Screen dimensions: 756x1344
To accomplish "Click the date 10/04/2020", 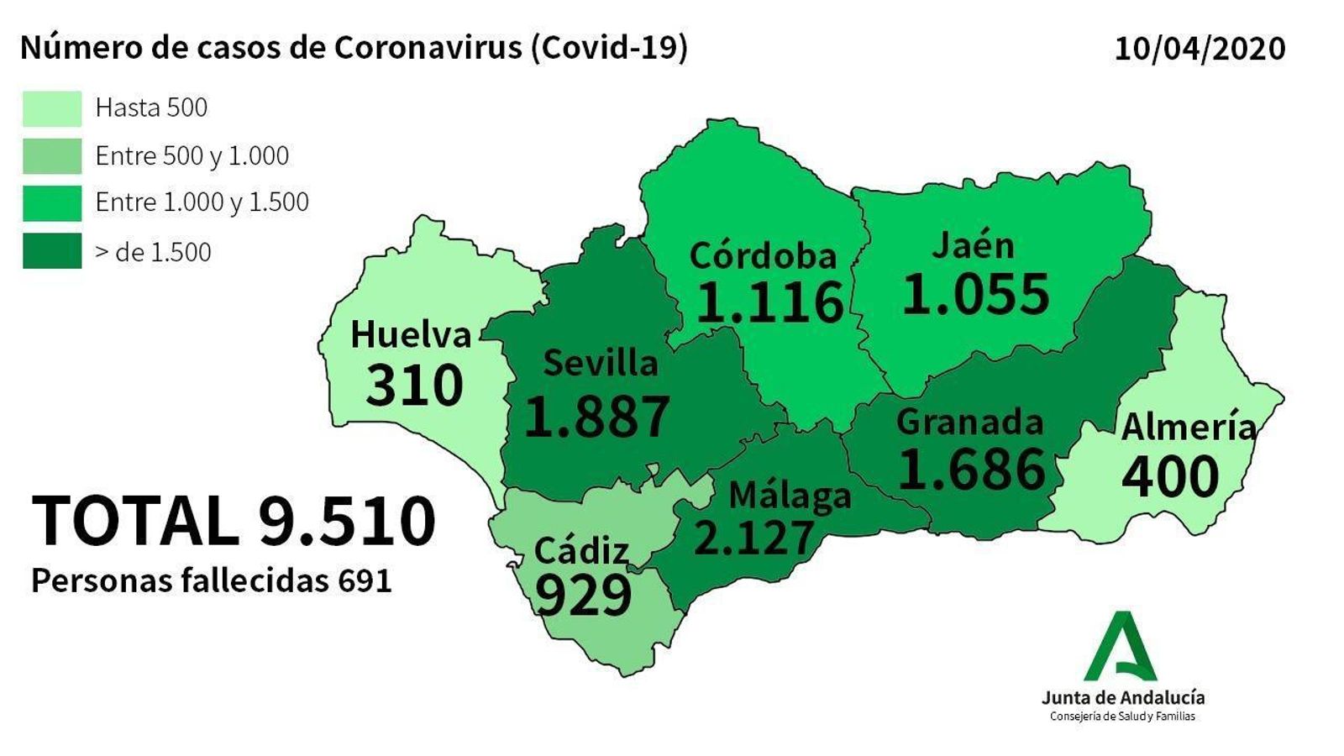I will (1200, 48).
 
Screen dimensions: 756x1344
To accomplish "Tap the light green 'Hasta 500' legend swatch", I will (52, 108).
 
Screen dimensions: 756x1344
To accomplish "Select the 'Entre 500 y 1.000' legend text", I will (192, 155).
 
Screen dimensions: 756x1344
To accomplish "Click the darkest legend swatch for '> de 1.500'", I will (52, 251).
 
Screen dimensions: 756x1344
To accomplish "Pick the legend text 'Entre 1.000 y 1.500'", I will (202, 202).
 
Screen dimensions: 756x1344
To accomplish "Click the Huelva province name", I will (411, 334).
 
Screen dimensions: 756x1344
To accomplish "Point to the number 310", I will (415, 386).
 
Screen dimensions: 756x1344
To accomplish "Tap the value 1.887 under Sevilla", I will (596, 416).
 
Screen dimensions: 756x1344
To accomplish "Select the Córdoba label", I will (763, 255).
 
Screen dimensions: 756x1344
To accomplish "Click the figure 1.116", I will (769, 302).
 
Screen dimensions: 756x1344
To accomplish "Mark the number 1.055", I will (975, 294).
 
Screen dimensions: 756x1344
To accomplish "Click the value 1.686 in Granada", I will (972, 469).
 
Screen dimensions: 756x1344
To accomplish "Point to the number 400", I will (1170, 476).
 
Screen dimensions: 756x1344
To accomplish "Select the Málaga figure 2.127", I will (753, 538).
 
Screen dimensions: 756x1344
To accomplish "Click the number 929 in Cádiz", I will (583, 596).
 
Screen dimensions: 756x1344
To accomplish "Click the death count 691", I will (365, 581).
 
